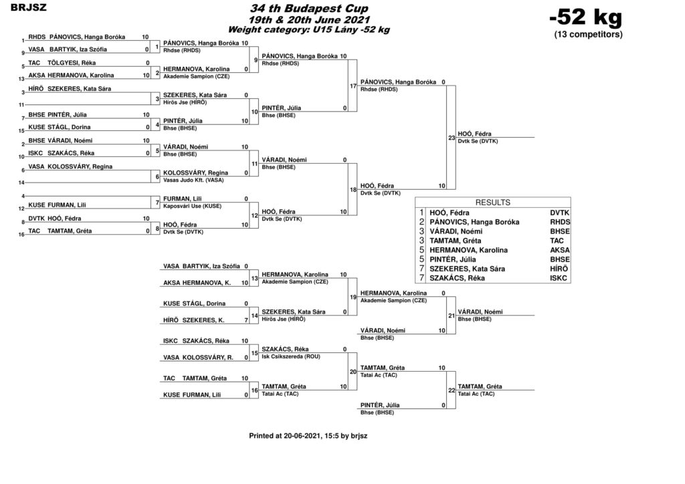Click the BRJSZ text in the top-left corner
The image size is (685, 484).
point(29,7)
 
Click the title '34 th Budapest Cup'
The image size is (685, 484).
point(309,8)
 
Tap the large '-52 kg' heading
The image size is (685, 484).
point(586,17)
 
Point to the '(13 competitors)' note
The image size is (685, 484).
point(589,35)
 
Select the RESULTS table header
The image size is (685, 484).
point(493,203)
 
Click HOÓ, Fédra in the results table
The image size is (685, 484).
point(450,213)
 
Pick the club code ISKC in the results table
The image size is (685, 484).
point(559,278)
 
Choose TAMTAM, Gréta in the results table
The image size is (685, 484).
point(455,241)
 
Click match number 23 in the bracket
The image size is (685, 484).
point(452,138)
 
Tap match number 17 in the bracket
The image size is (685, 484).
point(353,86)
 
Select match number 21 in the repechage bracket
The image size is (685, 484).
point(452,316)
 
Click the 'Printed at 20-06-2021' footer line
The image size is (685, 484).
point(308,436)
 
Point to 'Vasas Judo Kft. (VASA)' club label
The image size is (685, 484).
point(193,180)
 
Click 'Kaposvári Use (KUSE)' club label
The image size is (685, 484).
point(192,206)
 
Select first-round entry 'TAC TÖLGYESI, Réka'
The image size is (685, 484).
point(62,63)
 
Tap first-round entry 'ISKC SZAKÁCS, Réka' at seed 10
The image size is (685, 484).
point(61,153)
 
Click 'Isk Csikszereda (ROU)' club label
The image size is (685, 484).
point(291,356)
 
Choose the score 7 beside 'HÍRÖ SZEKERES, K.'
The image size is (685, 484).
point(246,320)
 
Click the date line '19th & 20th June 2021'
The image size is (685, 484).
point(309,19)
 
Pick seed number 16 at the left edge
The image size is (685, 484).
point(21,235)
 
